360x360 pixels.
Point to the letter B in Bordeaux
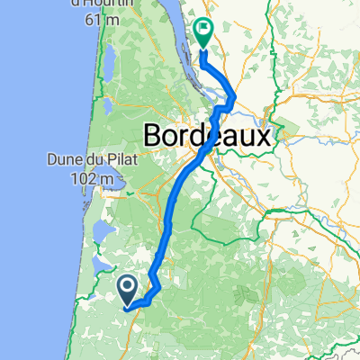click(154, 137)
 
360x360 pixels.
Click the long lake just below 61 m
click(105, 63)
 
